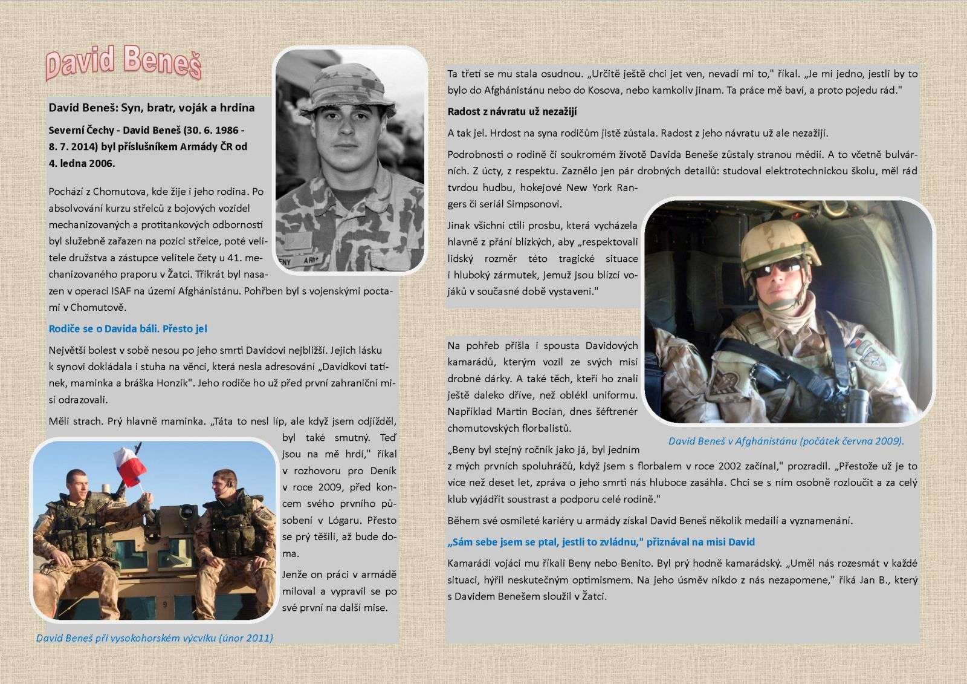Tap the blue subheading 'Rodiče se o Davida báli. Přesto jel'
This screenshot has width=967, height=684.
[x=128, y=329]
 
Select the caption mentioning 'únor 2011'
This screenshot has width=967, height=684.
[x=154, y=637]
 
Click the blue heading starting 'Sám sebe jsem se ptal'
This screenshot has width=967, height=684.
[x=601, y=542]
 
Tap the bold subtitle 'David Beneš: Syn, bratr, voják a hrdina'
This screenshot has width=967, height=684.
[x=152, y=108]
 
